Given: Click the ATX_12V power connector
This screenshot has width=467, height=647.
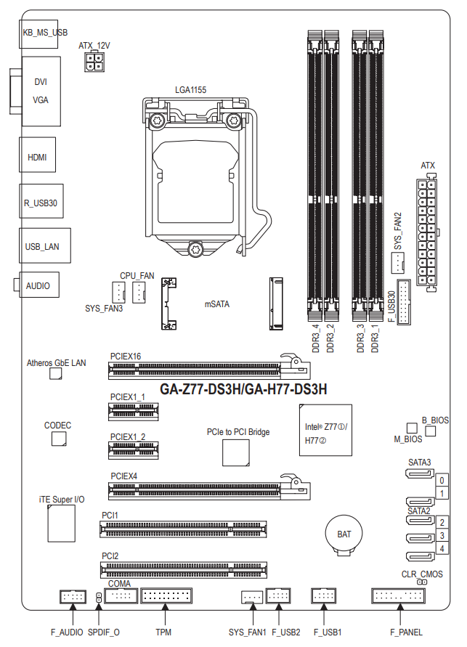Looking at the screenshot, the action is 94,62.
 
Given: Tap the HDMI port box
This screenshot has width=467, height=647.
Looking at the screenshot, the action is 37,155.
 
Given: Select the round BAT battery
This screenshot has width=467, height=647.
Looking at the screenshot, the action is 344,534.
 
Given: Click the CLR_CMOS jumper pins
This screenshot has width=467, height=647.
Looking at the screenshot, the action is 422,582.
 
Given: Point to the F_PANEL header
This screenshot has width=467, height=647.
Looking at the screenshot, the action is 399,595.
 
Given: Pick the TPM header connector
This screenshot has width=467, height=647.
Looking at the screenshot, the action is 166,595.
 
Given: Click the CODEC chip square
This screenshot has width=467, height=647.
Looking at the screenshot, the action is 59,439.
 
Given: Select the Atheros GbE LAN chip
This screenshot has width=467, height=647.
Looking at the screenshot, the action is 56,373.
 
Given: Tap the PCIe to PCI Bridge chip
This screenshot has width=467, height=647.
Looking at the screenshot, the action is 236,452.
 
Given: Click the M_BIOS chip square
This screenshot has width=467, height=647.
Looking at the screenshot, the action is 412,428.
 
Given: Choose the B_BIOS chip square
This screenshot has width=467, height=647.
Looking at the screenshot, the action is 430,431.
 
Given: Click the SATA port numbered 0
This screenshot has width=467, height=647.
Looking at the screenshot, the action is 420,473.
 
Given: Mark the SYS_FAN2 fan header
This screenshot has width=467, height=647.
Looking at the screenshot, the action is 398,262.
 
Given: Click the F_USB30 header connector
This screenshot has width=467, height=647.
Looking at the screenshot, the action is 404,302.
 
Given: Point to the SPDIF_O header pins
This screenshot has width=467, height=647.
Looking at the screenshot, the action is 99,597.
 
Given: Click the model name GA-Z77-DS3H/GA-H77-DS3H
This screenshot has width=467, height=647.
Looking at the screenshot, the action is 243,389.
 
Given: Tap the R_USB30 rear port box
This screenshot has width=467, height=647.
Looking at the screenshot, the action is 41,201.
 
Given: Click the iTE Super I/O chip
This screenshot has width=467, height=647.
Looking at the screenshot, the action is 62,524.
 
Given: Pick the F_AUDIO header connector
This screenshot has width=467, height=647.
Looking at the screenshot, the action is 73,596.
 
